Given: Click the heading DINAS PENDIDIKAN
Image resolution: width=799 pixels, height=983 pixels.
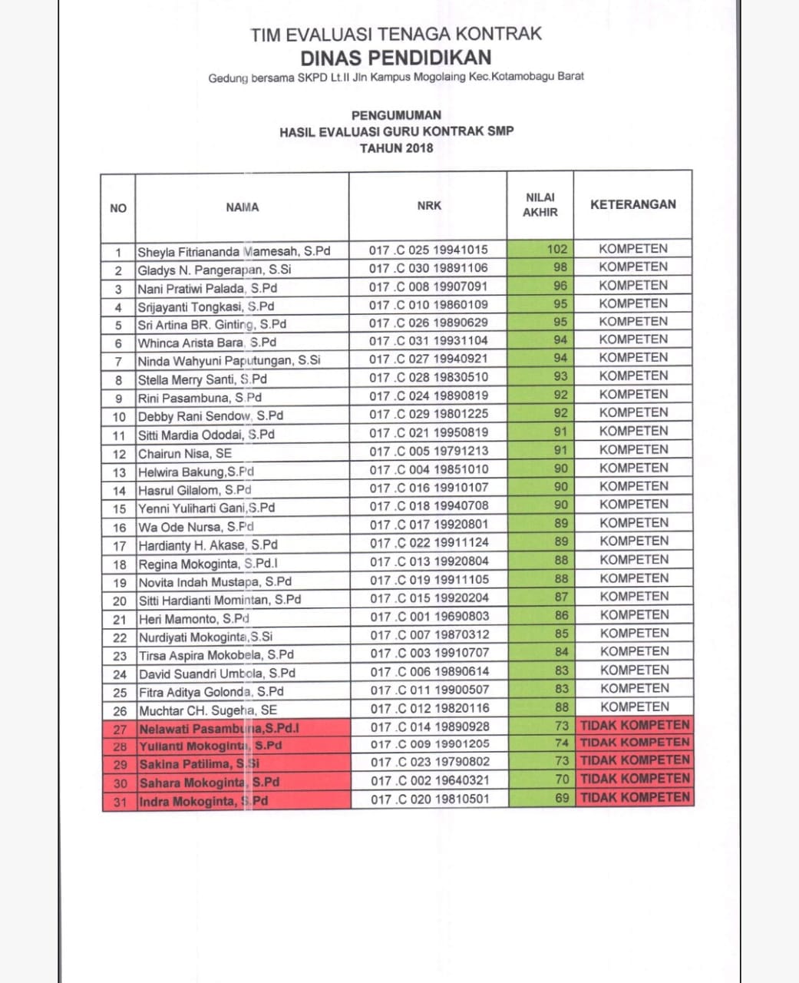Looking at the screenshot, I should [395, 58].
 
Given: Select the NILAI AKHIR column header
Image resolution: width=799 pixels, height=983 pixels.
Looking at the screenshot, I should [540, 204].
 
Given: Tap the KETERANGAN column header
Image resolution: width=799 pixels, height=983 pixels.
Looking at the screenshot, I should [632, 204].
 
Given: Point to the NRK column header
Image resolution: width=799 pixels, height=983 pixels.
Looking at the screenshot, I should [429, 206].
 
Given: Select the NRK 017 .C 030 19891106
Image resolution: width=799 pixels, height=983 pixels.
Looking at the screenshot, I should [428, 268].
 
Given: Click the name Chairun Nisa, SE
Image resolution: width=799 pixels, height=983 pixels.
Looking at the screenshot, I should [184, 453].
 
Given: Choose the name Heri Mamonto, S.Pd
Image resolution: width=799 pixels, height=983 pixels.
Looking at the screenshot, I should [193, 619].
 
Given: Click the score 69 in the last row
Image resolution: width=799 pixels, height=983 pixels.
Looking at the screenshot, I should [562, 798].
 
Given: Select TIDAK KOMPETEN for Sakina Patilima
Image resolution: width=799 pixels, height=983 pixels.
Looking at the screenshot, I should [635, 760].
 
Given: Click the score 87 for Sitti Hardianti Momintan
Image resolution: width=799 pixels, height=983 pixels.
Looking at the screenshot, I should [561, 597].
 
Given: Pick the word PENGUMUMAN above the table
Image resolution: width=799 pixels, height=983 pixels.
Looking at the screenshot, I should [396, 115].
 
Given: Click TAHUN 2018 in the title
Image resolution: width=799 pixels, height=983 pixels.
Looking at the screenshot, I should [396, 147].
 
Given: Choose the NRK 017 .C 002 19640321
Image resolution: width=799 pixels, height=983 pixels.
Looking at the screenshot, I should [429, 780].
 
